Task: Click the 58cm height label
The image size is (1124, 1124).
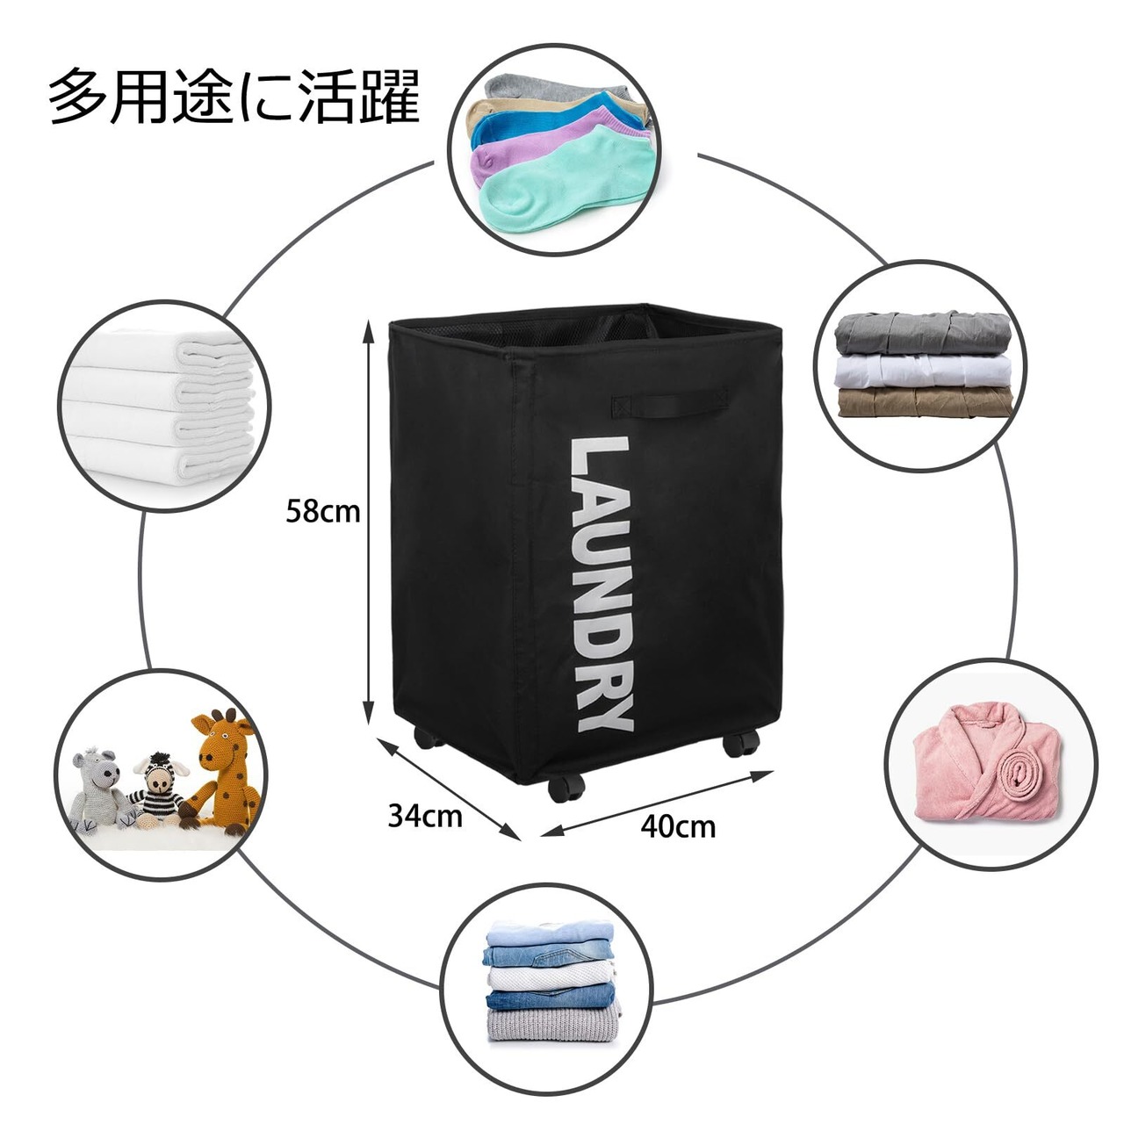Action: point(322,511)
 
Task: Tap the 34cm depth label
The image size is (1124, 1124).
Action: point(425,816)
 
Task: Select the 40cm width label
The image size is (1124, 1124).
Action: point(677,826)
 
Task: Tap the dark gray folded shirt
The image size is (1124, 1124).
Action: point(922,334)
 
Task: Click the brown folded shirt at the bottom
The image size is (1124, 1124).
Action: point(925,402)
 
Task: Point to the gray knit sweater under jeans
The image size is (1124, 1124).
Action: point(551,1025)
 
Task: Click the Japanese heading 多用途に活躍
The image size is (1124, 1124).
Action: point(234,96)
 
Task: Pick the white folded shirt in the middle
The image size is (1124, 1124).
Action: point(923,369)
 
